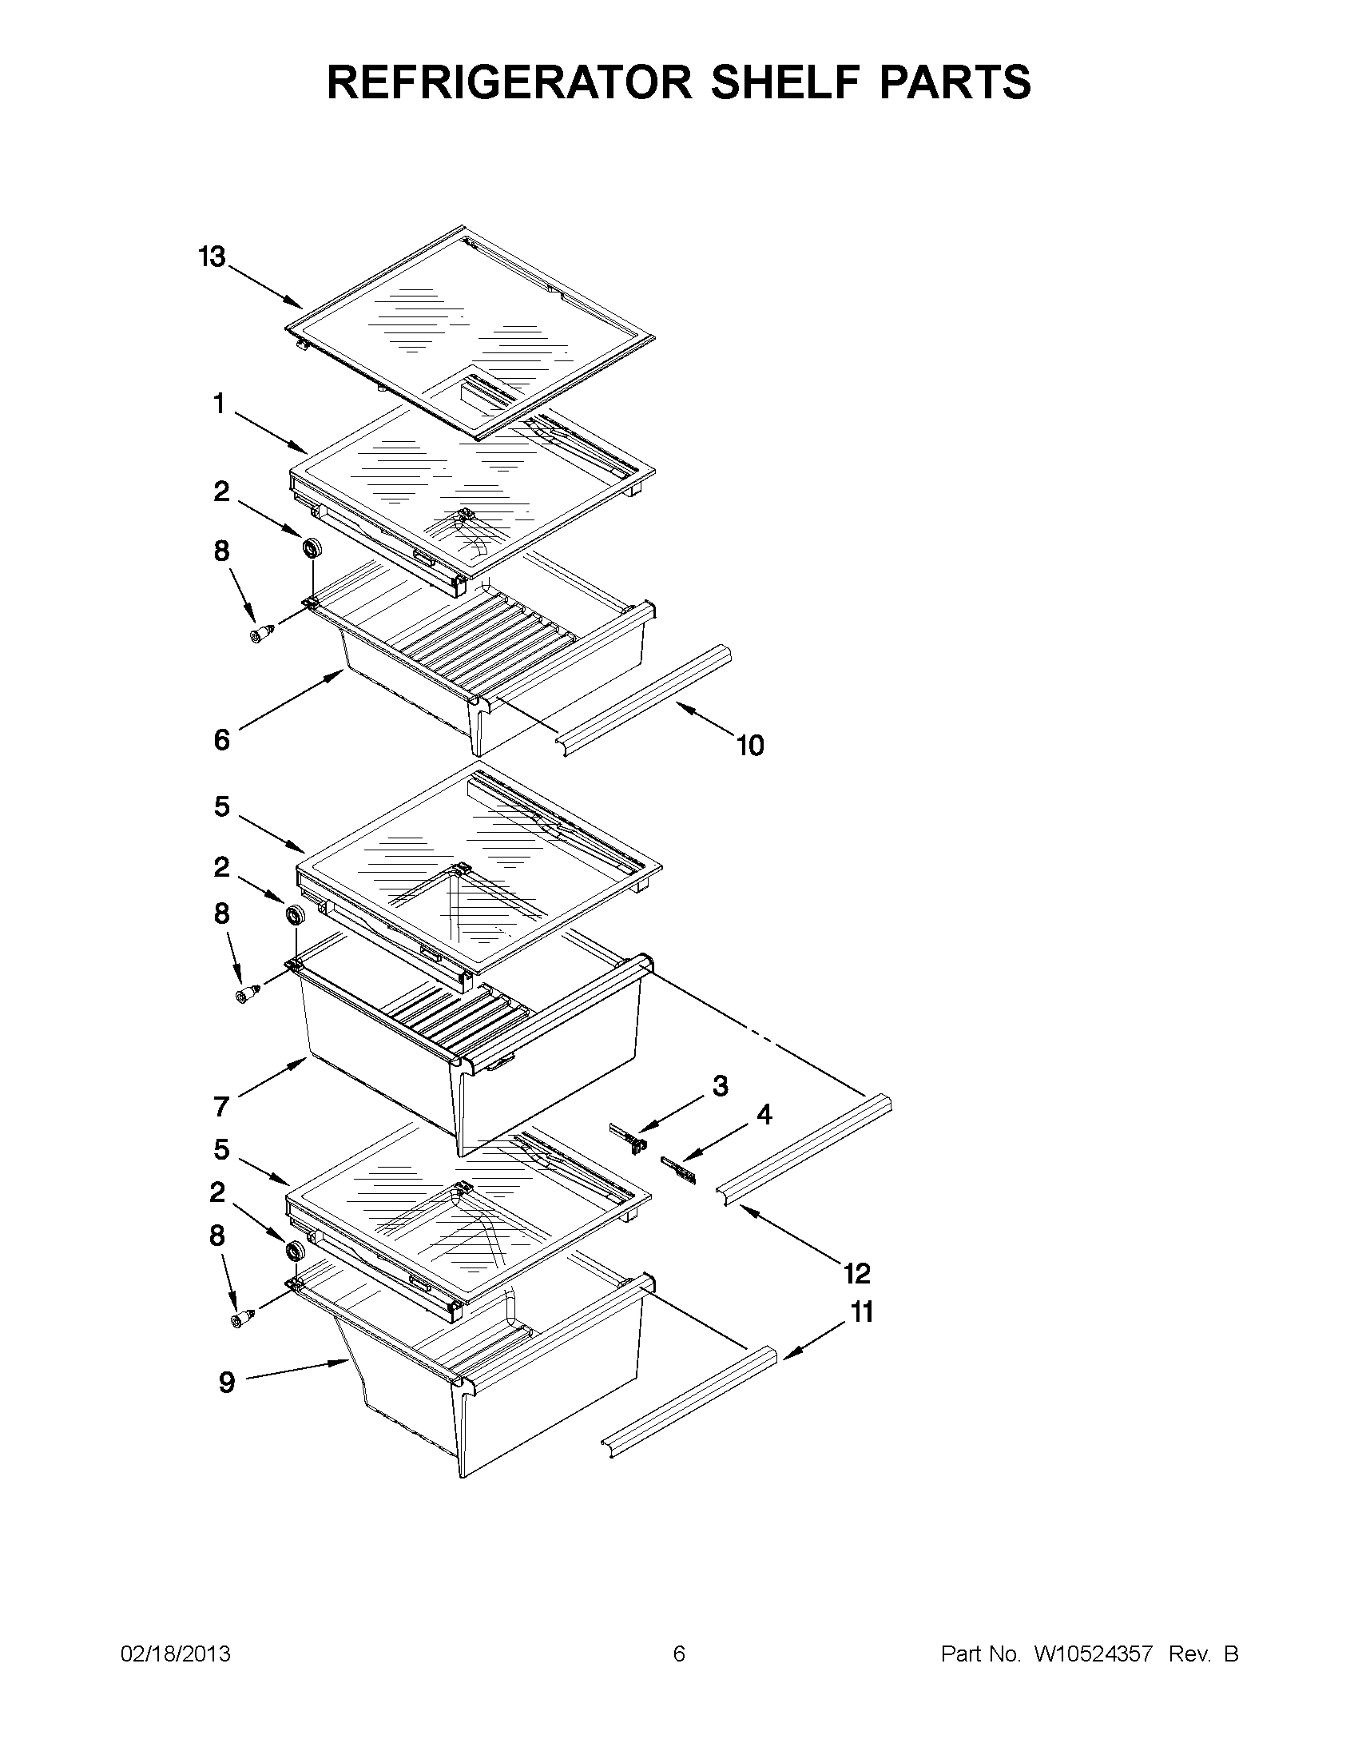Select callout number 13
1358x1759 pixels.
(x=212, y=257)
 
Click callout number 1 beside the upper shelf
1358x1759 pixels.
(x=219, y=404)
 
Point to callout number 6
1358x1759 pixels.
(x=222, y=739)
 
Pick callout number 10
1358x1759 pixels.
(x=750, y=746)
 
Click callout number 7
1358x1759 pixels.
(x=222, y=1107)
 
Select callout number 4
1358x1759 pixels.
(x=764, y=1115)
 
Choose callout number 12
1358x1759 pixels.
(x=857, y=1273)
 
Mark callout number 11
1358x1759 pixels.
(x=862, y=1313)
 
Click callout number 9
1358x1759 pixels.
(x=227, y=1382)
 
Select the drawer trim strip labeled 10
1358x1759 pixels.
(x=644, y=700)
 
